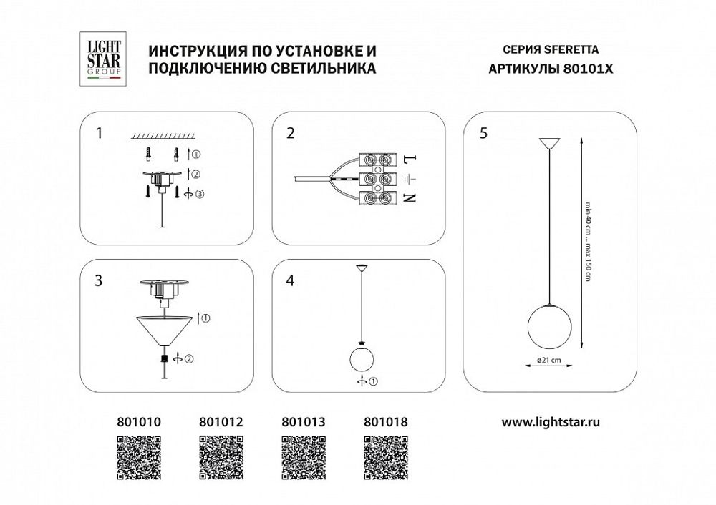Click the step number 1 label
point(100,133)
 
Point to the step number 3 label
point(100,280)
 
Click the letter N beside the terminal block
point(410,199)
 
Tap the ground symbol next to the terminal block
point(410,179)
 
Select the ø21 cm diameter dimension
point(548,361)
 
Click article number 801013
point(301,422)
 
